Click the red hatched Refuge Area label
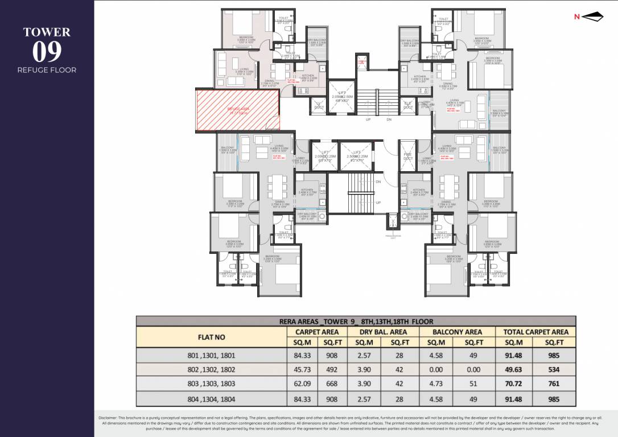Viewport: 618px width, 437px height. tap(238, 110)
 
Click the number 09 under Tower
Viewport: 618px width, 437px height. tap(47, 52)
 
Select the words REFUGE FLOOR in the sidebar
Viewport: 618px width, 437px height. tap(47, 70)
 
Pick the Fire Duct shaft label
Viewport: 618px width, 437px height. tap(407, 156)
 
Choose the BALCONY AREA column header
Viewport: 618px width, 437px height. tap(456, 332)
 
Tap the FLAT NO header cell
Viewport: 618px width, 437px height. tap(211, 337)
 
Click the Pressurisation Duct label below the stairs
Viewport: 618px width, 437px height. tap(393, 236)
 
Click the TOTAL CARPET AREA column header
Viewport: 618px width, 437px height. tap(532, 332)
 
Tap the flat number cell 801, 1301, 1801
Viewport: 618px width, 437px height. tap(211, 355)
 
